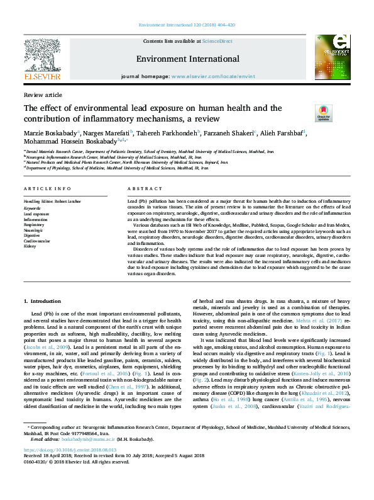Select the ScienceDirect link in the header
[217, 41]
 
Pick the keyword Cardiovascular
[36, 240]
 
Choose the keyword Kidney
[30, 246]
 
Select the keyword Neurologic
[34, 229]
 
